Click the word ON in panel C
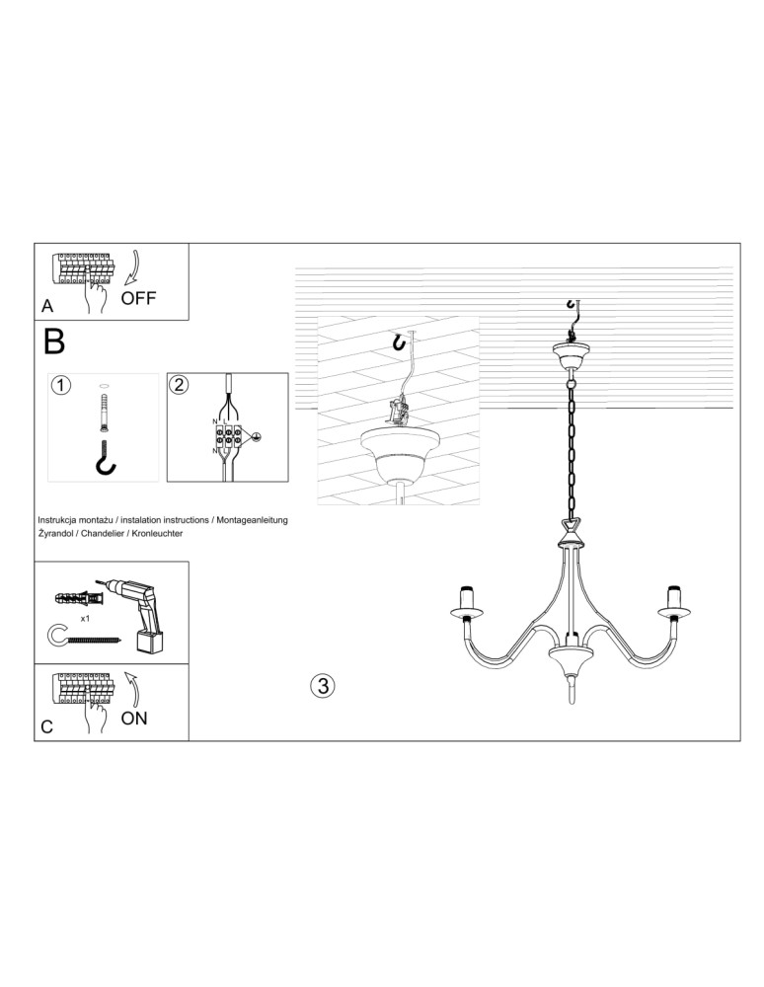pos(134,718)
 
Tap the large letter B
pos(54,342)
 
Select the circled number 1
pos(61,385)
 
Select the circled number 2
pos(179,384)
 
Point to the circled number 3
pos(322,684)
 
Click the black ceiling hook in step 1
pos(106,460)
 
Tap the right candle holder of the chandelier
pos(675,603)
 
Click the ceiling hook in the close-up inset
pos(399,342)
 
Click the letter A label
pos(46,307)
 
